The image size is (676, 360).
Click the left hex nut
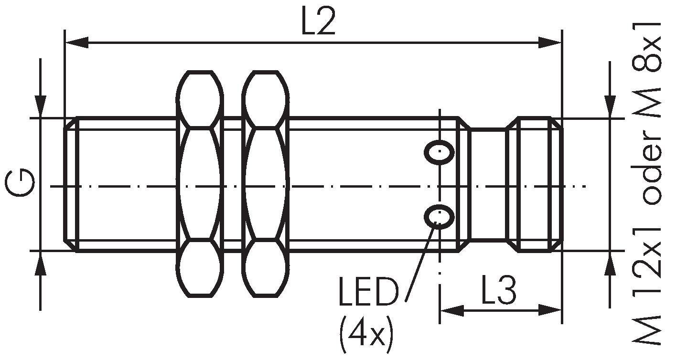[200, 184]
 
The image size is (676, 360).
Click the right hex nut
[266, 184]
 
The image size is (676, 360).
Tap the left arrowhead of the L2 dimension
[76, 42]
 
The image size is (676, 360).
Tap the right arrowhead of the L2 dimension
[549, 42]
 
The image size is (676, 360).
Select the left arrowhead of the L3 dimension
[451, 311]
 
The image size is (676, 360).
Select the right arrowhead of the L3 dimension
[550, 311]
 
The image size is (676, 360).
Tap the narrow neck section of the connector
[487, 184]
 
